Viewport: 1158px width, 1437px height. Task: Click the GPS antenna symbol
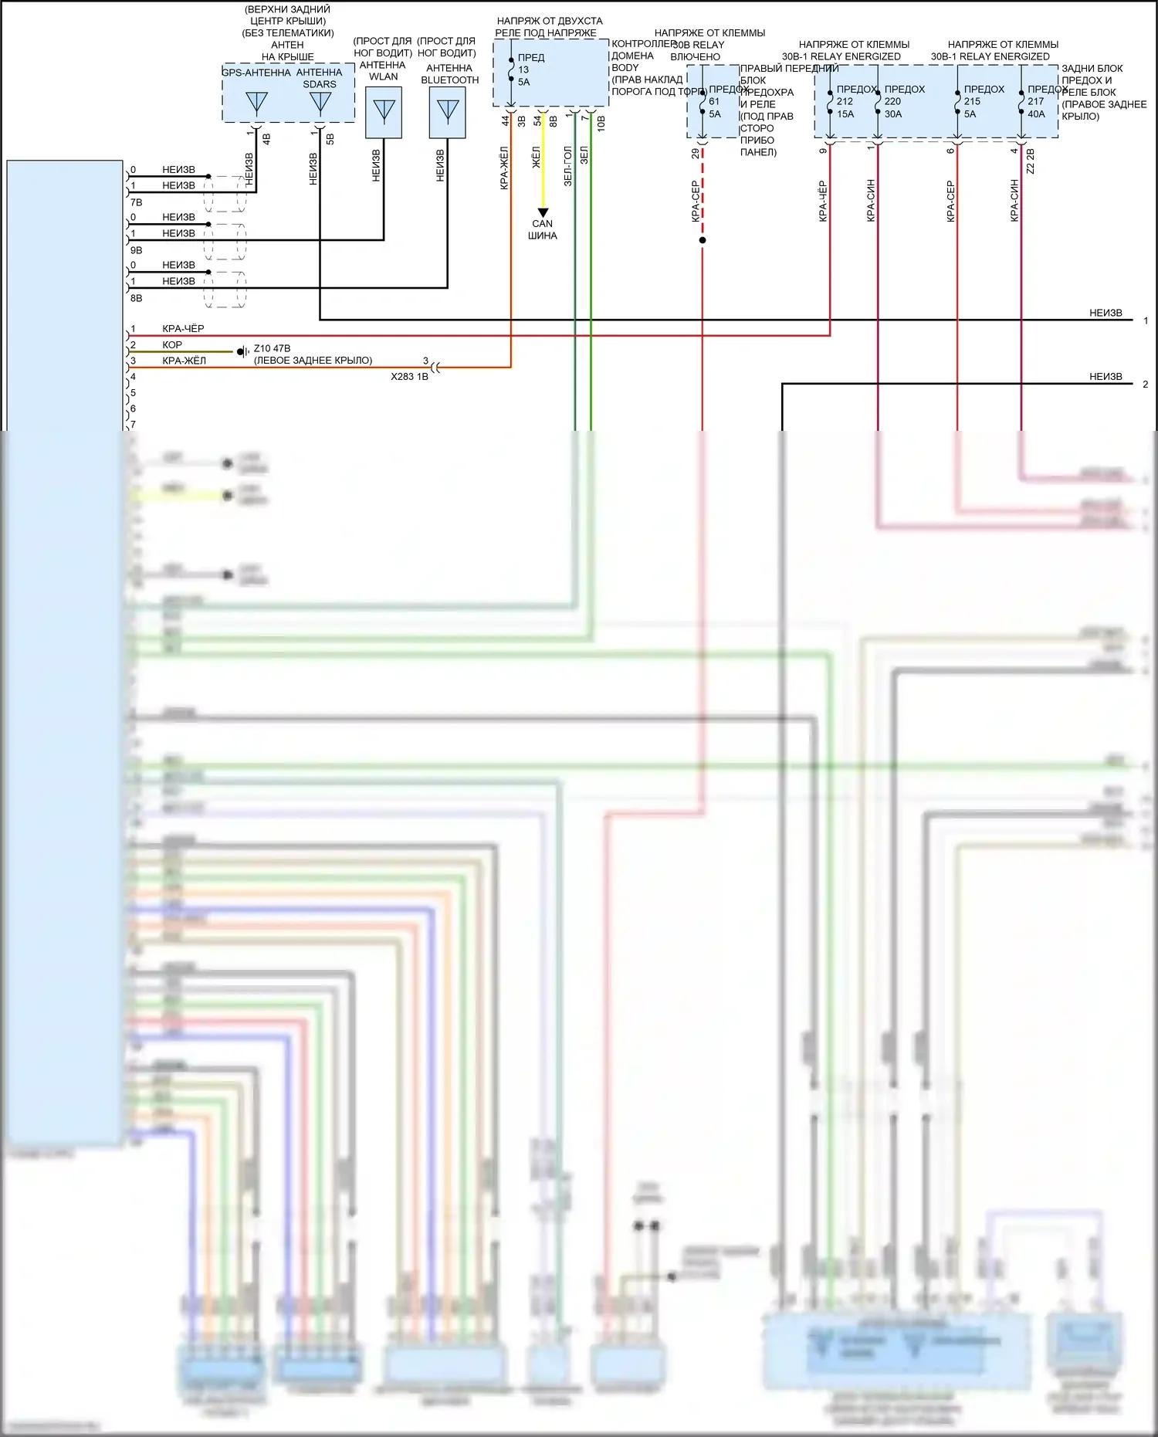[256, 103]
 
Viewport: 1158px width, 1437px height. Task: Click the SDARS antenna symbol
[320, 103]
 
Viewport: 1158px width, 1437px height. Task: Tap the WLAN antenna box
[384, 112]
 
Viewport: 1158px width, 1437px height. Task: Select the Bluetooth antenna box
[448, 112]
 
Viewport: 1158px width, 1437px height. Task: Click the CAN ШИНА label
[543, 229]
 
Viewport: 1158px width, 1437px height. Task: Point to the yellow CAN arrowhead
[543, 212]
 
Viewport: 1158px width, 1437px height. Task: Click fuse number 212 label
[845, 101]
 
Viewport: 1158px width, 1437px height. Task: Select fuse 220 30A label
[893, 107]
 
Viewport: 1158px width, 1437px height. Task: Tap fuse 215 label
[972, 101]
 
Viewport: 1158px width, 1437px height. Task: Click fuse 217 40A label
[1036, 107]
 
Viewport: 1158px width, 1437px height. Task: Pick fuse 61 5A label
[715, 107]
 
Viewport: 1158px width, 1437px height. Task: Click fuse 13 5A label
[523, 76]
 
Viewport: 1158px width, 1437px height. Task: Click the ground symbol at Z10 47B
[242, 351]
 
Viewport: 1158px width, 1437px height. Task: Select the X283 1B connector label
[409, 377]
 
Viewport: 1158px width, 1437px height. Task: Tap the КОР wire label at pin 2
[172, 345]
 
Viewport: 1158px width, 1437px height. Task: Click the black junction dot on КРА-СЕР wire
[703, 240]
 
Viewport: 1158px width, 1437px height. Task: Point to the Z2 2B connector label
[1031, 161]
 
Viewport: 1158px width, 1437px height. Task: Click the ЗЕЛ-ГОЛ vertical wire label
[568, 166]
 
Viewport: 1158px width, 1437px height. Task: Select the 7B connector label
[137, 202]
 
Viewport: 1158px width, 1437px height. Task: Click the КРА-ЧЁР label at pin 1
[183, 329]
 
